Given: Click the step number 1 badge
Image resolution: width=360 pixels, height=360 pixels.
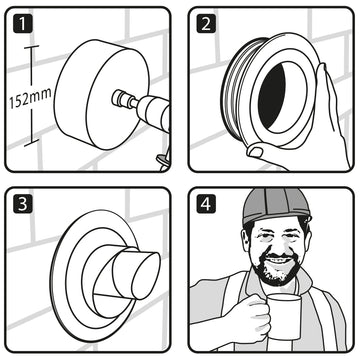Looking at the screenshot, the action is (23, 23).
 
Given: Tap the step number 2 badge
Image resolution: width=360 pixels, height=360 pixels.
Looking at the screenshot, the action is (206, 23).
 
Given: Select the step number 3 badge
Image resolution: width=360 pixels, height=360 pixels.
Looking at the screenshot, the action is (23, 204).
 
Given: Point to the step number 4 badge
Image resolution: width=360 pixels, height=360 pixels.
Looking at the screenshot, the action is (206, 204).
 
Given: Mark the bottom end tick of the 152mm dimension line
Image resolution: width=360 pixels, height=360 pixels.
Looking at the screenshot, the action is (31, 142).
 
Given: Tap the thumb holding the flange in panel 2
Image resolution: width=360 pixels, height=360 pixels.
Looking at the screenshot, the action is (259, 150).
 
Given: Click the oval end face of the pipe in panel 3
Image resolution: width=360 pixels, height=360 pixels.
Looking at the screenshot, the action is (146, 275).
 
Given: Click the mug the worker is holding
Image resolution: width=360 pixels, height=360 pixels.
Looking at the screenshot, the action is (284, 317).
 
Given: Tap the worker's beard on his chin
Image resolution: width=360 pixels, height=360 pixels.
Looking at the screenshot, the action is (278, 272).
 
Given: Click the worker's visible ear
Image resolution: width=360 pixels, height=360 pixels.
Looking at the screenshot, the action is (246, 236).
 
